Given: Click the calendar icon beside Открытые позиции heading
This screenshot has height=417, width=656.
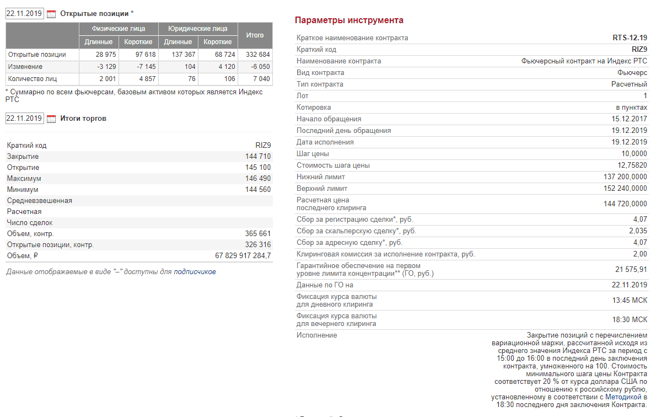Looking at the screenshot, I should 51,14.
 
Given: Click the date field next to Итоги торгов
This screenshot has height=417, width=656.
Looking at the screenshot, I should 24,118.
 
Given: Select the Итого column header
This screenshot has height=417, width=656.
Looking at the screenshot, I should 255,35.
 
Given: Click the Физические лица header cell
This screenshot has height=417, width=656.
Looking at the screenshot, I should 119,29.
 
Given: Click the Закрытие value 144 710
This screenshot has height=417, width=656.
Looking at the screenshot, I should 258,157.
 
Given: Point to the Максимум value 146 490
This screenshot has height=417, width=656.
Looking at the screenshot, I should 258,179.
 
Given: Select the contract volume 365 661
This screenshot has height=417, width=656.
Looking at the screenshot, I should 258,234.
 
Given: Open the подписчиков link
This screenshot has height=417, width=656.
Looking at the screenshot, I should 195,272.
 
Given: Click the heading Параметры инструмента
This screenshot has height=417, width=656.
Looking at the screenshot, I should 349,20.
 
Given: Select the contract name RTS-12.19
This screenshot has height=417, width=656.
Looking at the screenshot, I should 630,38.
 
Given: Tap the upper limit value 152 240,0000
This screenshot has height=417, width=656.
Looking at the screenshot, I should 625,189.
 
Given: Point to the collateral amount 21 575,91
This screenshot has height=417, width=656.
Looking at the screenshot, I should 631,269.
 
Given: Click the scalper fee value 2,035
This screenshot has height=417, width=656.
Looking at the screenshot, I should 638,231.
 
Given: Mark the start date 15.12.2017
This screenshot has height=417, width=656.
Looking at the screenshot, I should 629,119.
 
